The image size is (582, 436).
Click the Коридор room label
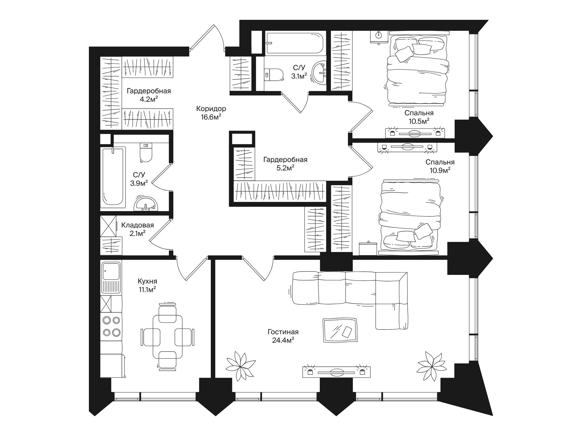(x=211, y=109)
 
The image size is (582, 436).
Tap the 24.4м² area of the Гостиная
(x=283, y=340)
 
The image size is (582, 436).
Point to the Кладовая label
(x=137, y=225)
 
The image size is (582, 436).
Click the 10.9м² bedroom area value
(x=440, y=170)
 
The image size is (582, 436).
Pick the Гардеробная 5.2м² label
(x=285, y=164)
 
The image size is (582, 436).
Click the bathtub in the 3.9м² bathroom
(x=113, y=178)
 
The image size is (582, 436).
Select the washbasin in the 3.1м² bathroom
(x=320, y=73)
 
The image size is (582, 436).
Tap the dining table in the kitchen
(x=168, y=336)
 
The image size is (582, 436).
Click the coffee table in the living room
(x=340, y=330)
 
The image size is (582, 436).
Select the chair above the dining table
(x=167, y=313)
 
